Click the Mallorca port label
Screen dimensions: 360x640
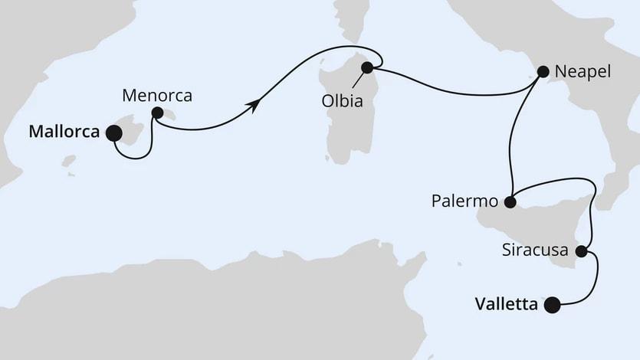64,132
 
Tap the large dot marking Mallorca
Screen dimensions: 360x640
113,134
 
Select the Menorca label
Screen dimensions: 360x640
156,97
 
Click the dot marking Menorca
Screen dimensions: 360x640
156,113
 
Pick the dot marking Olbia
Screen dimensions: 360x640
366,67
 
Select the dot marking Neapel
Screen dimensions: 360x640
543,72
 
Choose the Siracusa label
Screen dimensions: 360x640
534,250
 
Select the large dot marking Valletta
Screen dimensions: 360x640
551,305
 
